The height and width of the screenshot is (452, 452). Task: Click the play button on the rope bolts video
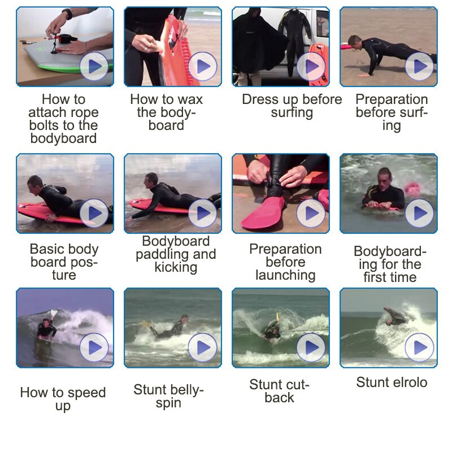94,66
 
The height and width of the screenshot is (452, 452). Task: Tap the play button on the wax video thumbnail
202,66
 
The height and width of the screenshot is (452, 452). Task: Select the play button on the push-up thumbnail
419,66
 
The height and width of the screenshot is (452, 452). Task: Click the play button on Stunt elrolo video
419,347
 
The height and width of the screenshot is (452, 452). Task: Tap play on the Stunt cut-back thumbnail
311,347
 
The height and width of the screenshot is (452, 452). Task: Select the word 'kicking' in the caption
176,267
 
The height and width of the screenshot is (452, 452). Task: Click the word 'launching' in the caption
285,275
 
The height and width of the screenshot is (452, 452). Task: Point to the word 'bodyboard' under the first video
63,138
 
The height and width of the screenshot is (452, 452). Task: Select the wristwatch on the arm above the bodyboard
67,14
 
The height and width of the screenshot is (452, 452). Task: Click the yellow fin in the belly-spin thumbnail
146,323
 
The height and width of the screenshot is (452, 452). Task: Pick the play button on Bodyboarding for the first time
419,214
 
